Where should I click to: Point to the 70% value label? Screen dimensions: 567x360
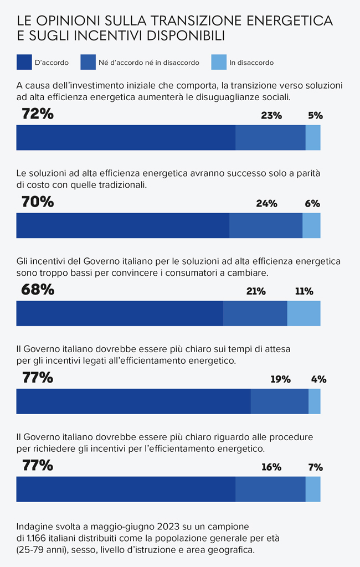click(x=38, y=202)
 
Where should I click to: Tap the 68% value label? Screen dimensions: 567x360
click(x=38, y=290)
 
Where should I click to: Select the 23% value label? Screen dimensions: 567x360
click(x=271, y=116)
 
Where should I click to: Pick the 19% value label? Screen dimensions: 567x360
click(x=280, y=379)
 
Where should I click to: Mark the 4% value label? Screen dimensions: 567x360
click(x=318, y=379)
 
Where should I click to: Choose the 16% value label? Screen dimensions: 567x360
click(x=271, y=467)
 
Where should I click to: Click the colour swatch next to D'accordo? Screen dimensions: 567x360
click(x=24, y=63)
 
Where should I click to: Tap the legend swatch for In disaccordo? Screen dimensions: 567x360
click(x=219, y=63)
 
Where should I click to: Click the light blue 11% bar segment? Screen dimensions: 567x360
click(x=304, y=313)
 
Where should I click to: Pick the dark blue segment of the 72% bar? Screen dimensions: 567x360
click(x=126, y=137)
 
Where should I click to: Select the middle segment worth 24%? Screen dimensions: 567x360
click(x=266, y=225)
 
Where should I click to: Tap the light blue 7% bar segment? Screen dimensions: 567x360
click(x=313, y=489)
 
